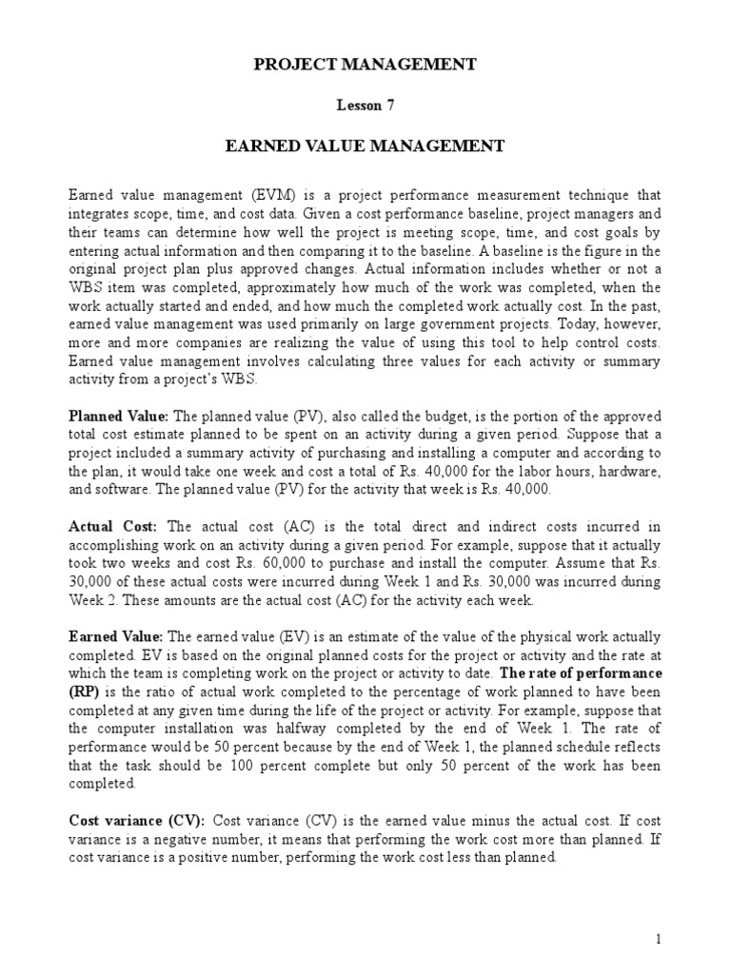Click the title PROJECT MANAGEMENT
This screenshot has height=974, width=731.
pos(364,64)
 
